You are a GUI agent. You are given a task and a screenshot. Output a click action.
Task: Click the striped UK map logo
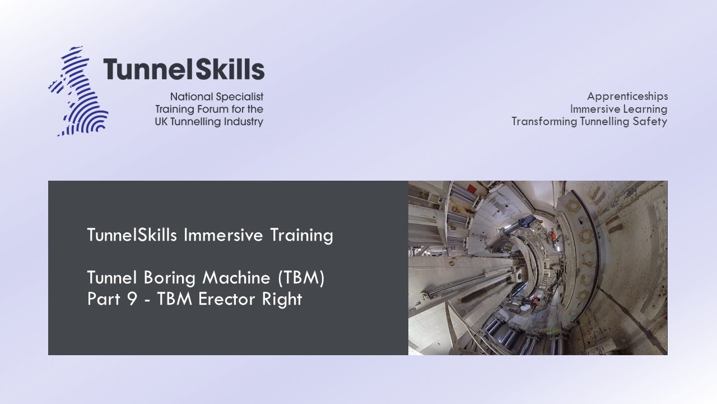(x=78, y=91)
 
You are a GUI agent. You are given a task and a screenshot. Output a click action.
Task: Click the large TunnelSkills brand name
(x=183, y=70)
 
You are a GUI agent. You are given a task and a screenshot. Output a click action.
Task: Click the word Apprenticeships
(x=627, y=97)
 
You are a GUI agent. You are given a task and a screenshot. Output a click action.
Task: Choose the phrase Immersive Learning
(x=618, y=109)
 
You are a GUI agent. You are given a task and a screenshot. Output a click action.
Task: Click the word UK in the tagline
(x=164, y=122)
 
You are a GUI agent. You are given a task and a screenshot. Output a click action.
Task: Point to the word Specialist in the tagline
(x=238, y=97)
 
